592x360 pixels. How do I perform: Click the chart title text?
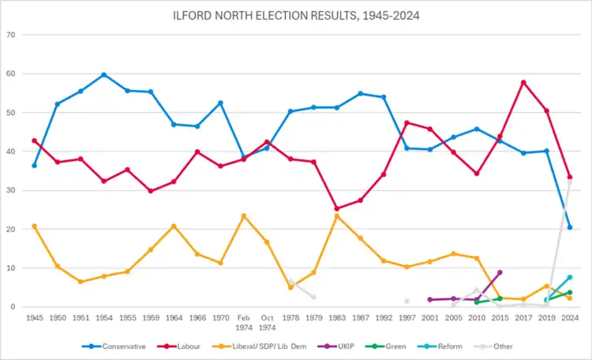click(295, 14)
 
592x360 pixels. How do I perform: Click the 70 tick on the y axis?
click(11, 35)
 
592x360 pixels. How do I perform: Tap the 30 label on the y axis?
click(11, 190)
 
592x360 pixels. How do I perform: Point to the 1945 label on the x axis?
click(35, 317)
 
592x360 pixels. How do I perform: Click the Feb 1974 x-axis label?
click(243, 322)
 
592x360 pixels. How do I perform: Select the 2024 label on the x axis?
click(569, 317)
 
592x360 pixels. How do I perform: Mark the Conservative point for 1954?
click(103, 75)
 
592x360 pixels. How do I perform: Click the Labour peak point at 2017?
click(523, 82)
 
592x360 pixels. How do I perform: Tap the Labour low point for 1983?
click(337, 208)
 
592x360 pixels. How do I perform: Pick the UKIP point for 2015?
click(500, 272)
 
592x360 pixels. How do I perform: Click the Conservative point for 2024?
click(569, 227)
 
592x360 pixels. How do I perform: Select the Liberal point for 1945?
click(34, 226)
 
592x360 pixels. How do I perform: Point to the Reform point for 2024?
click(569, 277)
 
